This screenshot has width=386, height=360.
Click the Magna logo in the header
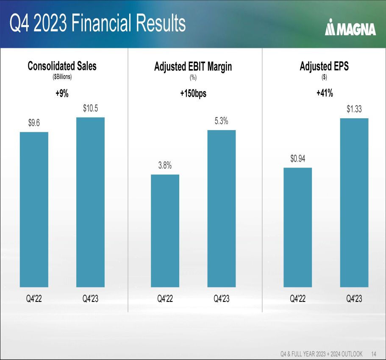[350, 29]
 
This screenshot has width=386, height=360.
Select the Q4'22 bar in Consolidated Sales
[34, 209]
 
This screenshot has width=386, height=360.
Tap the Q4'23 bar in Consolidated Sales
[90, 202]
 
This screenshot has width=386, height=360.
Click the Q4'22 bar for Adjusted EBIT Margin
[165, 231]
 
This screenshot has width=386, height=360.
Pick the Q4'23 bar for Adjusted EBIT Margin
[222, 208]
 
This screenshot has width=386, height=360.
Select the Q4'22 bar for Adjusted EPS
[297, 227]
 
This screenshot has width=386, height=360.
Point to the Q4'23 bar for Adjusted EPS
[354, 202]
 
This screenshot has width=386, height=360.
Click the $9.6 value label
[34, 123]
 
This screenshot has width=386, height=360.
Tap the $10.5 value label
[90, 109]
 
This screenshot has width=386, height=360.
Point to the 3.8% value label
[165, 166]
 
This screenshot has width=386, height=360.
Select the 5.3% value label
[222, 121]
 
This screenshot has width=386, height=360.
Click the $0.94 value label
[297, 159]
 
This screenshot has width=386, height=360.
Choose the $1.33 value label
[354, 109]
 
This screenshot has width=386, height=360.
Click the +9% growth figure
[62, 94]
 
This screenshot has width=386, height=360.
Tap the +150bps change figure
[193, 94]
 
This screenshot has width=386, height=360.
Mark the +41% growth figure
[324, 94]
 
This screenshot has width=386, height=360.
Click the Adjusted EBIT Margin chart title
[193, 67]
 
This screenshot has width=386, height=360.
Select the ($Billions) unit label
[62, 77]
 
